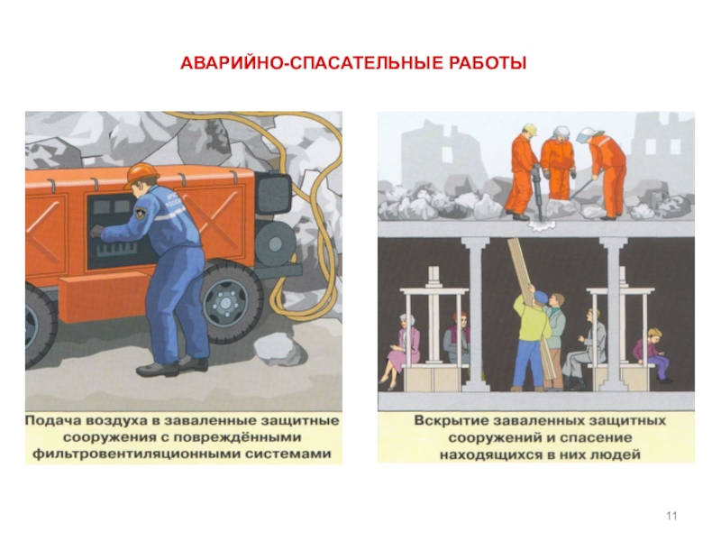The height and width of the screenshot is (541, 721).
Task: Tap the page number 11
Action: [671, 516]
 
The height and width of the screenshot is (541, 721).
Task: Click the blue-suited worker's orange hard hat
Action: [142, 174]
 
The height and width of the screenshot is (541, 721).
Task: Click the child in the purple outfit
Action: [651, 354]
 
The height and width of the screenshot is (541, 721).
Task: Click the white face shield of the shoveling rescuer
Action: [584, 134]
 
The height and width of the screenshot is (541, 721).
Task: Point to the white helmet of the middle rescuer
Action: [560, 132]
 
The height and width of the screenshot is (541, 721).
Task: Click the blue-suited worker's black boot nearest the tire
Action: [194, 363]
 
